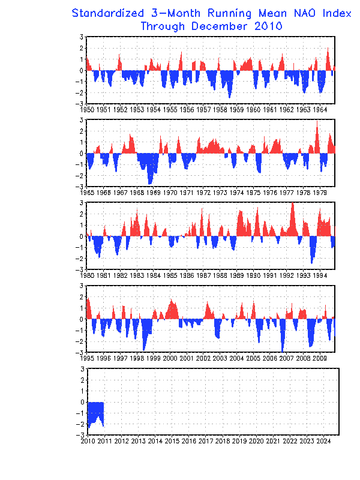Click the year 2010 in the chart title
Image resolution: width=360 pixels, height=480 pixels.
266,26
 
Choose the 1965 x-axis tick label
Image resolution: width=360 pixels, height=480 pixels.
87,193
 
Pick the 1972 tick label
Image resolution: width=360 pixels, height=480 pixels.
203,193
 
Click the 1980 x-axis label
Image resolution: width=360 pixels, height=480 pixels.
87,275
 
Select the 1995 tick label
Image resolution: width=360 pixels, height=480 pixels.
87,358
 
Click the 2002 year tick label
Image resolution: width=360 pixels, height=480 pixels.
203,358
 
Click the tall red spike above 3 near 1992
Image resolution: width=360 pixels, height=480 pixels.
292,213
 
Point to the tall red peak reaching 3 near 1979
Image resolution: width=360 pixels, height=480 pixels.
317,129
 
